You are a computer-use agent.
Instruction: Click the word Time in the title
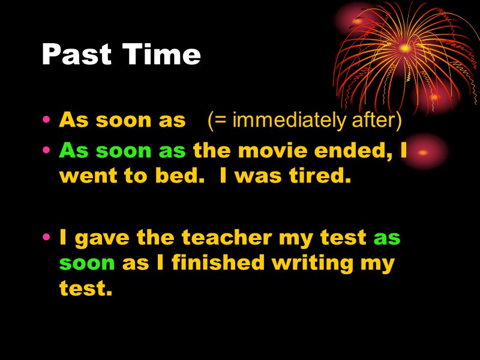coord(161,55)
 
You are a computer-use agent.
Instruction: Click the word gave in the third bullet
coord(100,238)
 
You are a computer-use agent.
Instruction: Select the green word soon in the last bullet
coord(87,263)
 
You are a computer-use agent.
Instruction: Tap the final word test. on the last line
coord(86,289)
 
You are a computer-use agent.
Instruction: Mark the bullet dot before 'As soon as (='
coord(46,121)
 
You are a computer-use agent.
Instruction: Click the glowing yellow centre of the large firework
coord(404,47)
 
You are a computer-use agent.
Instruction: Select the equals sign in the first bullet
coord(215,121)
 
